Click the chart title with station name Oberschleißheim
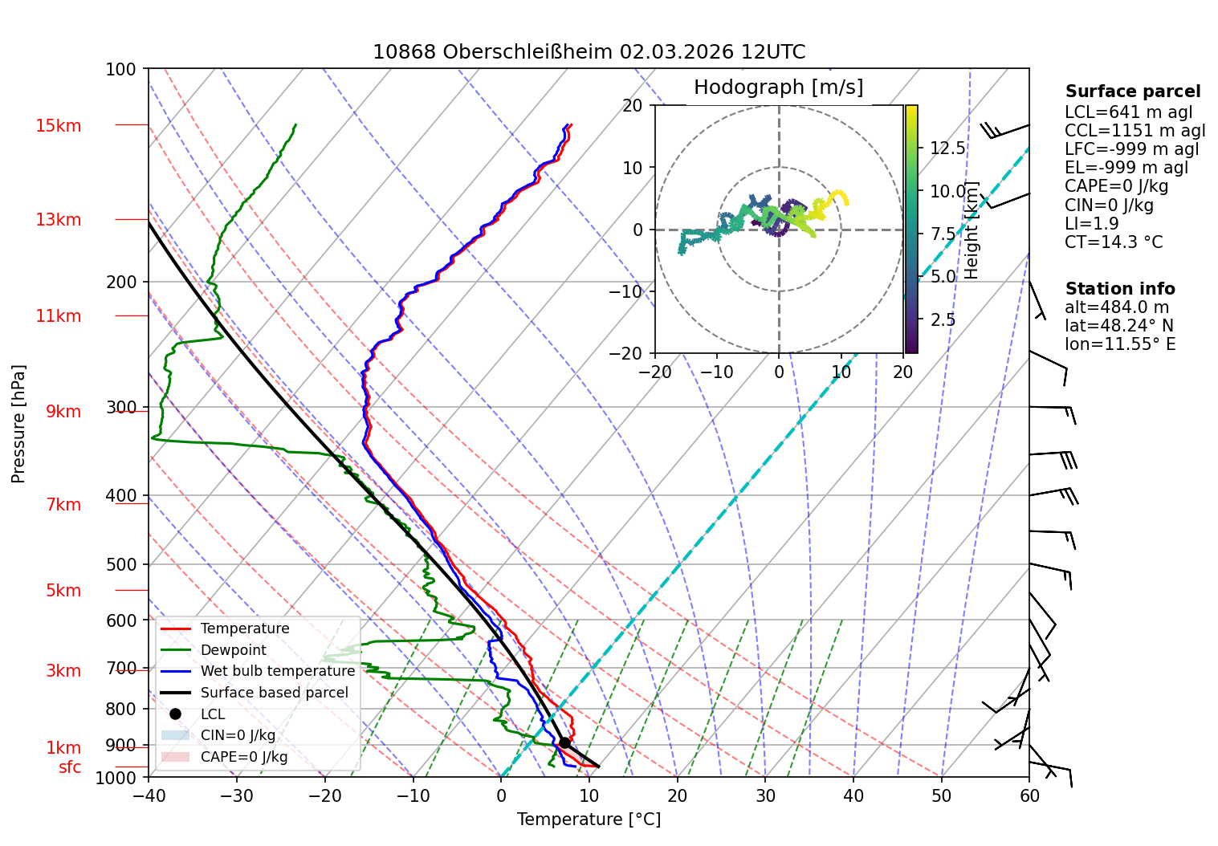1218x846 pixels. click(589, 52)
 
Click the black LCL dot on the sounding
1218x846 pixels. click(565, 742)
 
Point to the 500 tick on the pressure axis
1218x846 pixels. click(121, 565)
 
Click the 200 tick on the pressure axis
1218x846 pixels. click(121, 283)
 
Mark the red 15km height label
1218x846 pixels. click(59, 125)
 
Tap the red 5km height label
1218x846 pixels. click(63, 591)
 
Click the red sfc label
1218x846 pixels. click(70, 767)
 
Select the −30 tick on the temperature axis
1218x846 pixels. click(237, 796)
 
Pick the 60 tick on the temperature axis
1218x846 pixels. click(1029, 796)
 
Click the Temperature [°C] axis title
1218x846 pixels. click(589, 820)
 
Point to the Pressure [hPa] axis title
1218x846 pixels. click(18, 424)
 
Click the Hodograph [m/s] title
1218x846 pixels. click(779, 87)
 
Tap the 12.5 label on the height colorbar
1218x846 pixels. click(947, 148)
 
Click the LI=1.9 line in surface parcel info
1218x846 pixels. click(1091, 223)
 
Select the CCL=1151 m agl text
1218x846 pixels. click(1134, 131)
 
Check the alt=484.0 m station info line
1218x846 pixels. click(1117, 307)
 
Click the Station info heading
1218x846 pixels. click(1120, 289)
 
